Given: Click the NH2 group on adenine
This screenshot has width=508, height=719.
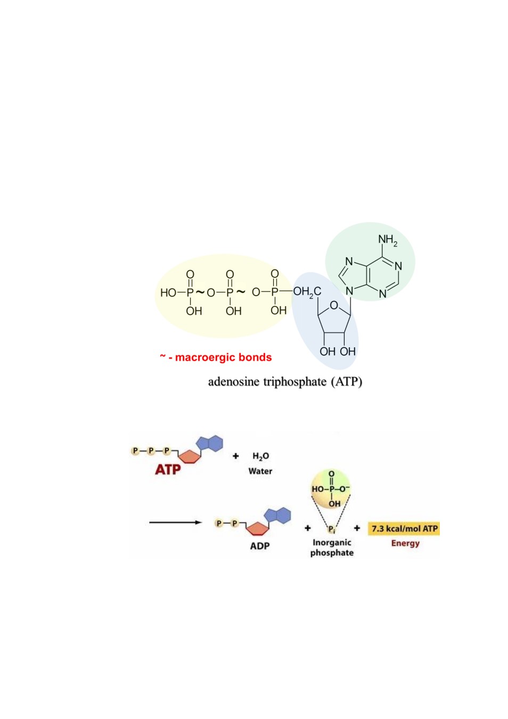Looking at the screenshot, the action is click(x=388, y=241).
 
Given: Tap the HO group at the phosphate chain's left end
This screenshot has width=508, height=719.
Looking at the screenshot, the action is click(x=168, y=293).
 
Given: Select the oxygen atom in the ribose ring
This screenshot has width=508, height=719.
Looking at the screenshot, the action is click(x=334, y=305).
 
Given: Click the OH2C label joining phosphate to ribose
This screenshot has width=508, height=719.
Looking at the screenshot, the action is click(x=307, y=292).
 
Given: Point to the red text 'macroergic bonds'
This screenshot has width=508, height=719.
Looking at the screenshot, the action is click(x=223, y=357).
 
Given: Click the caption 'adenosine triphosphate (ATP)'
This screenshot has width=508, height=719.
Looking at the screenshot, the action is click(x=285, y=382).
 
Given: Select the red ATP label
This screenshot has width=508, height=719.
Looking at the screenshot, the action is click(x=168, y=470).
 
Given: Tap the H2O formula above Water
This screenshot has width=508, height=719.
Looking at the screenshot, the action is click(x=260, y=456).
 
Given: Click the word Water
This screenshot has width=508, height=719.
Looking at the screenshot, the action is click(x=260, y=471).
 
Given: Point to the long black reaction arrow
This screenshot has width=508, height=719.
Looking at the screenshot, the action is click(x=175, y=522).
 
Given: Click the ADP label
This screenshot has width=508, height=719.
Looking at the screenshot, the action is click(x=260, y=546).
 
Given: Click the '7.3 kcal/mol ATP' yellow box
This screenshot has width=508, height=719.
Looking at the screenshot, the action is click(x=404, y=528).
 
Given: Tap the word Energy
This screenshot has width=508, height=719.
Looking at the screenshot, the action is click(x=405, y=543).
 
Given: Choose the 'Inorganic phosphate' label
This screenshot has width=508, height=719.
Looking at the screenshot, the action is click(x=332, y=548).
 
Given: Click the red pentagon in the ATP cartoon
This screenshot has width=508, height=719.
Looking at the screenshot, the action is click(x=190, y=456).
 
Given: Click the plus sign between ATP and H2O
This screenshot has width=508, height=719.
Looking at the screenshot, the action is click(x=235, y=456).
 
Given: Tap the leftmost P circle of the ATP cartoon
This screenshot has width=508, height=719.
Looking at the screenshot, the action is click(x=135, y=451).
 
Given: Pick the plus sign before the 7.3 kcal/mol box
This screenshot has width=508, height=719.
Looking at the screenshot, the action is click(x=357, y=528).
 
